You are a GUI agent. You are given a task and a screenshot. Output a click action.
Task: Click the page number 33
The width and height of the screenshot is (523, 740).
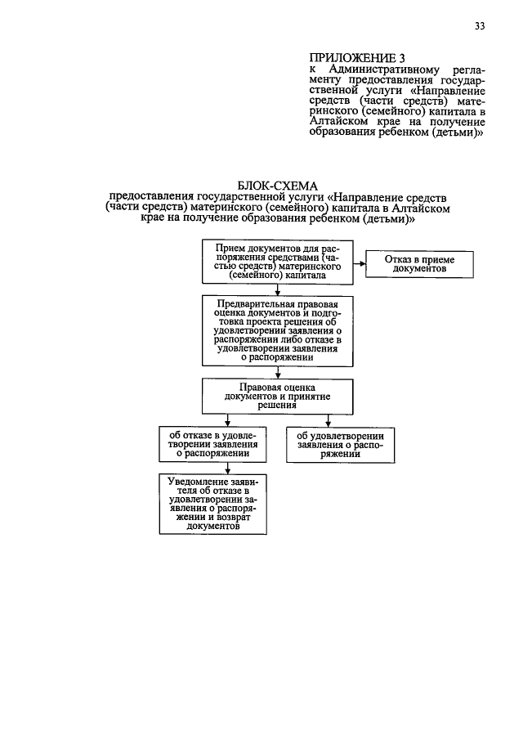coord(479,26)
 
